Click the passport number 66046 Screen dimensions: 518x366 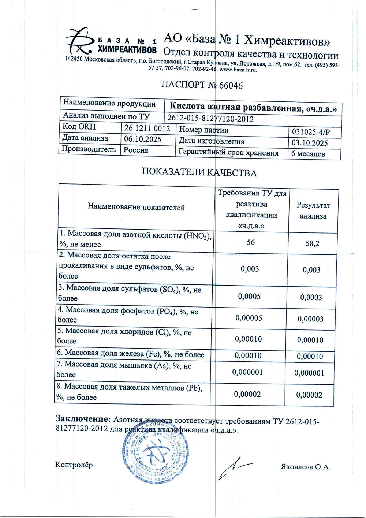tap(231, 86)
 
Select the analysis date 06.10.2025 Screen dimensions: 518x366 tap(142, 139)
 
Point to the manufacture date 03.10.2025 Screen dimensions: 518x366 tap(310, 143)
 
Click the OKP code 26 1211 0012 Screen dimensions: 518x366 tap(147, 128)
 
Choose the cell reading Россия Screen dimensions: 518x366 tap(136, 150)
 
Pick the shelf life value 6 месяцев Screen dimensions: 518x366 tap(308, 154)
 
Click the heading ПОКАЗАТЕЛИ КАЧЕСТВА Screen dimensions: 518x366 tap(199, 172)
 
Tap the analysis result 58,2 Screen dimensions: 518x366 tap(312, 243)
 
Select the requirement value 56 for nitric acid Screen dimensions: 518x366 tap(251, 242)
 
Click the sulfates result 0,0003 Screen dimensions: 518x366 tap(311, 297)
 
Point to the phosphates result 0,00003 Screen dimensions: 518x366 tap(310, 319)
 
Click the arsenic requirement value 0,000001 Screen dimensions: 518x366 tap(248, 372)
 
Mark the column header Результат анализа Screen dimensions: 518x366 tap(313, 210)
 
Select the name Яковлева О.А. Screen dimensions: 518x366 tap(306, 467)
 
